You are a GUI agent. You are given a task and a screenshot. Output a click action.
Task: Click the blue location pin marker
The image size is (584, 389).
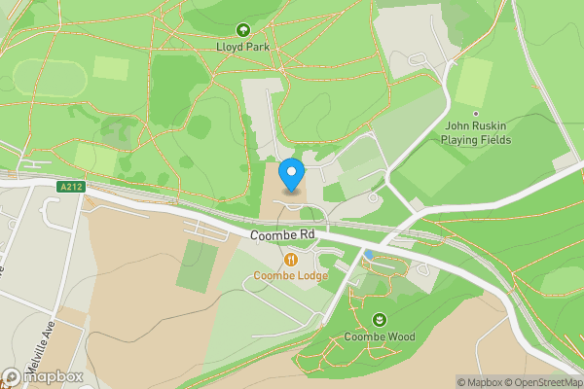coord(291,175)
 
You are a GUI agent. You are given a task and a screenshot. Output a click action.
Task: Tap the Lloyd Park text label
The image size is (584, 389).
coord(242,47)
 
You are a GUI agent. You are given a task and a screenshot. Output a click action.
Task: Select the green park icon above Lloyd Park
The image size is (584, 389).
coord(242,30)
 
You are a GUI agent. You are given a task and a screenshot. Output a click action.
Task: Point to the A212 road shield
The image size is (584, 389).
coord(68,187)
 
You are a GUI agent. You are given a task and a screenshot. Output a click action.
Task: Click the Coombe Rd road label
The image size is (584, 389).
coord(281,235)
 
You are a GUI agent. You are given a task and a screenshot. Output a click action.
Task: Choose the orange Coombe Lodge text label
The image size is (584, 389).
coord(291,275)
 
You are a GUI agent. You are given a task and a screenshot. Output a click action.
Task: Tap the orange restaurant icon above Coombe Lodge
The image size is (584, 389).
coord(291,259)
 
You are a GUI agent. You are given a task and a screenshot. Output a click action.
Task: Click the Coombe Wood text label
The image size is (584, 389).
coord(379,337)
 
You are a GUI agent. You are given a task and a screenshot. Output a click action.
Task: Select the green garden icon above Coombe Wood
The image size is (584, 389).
coord(379,320)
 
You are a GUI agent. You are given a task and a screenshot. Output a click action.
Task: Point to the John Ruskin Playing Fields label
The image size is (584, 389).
coord(477,132)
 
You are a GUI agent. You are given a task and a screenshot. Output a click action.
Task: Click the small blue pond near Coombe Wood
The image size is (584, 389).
coord(369,255)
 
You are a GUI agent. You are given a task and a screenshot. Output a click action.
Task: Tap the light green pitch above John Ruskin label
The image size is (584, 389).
coord(474,82)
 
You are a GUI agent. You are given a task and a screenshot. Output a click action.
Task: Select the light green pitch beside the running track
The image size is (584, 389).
coord(111,68)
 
